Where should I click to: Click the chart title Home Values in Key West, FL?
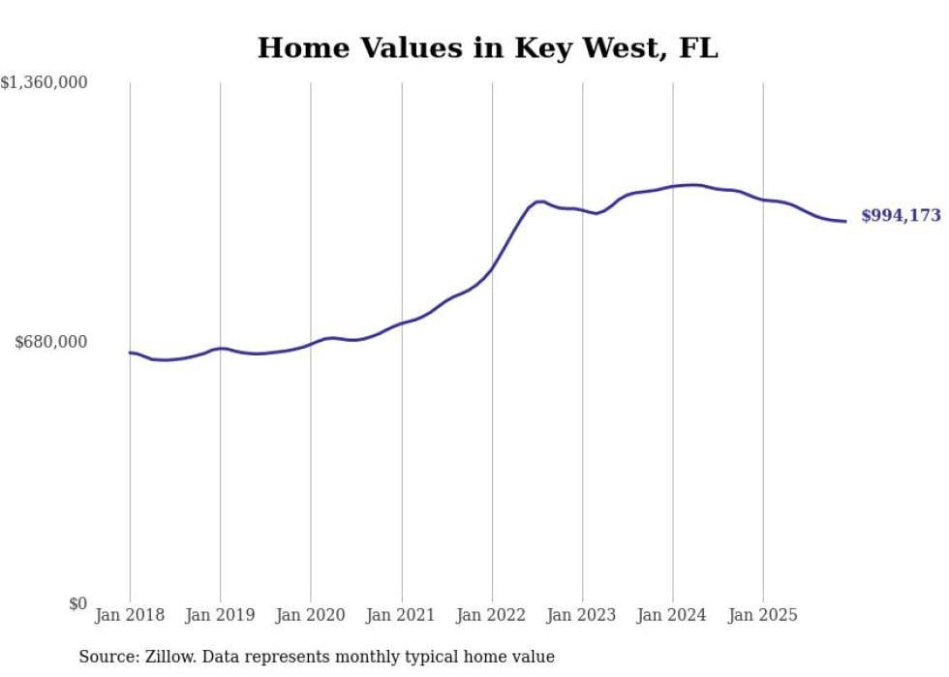pos(487,48)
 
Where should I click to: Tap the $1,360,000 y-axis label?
pos(45,83)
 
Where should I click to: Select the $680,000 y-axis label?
pos(51,342)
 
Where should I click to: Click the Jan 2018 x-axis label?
pos(130,615)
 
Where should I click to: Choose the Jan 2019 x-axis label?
pos(220,615)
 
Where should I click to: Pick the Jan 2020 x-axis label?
pos(311,615)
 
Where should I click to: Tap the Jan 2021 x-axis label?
pos(401,615)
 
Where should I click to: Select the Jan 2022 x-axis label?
pos(492,615)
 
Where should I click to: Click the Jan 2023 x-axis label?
pos(582,615)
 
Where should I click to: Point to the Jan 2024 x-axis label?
pos(673,615)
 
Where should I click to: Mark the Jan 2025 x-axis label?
pos(763,615)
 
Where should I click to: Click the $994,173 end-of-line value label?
pos(901,216)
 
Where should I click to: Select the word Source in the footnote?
pos(107,657)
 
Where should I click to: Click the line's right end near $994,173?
pos(845,222)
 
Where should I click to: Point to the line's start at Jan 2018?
pos(131,353)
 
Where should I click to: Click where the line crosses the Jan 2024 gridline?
pos(673,186)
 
